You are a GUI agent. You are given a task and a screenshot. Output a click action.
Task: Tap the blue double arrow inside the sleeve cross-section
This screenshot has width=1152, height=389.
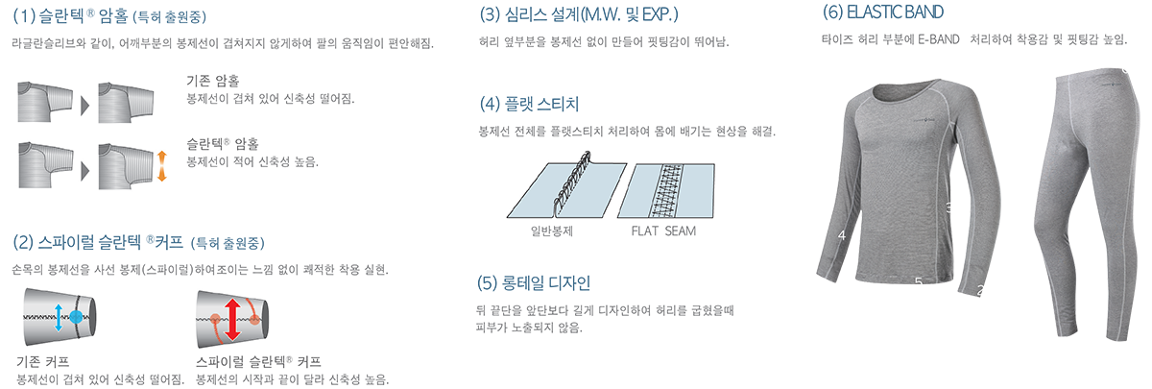coord(59,314)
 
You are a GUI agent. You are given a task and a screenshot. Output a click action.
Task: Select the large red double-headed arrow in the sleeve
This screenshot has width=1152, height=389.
coord(230,318)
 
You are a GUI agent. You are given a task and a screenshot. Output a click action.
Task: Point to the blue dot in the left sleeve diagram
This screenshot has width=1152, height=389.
coord(76,314)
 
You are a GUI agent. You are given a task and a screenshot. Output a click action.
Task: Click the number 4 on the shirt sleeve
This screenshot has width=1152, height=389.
coord(841,234)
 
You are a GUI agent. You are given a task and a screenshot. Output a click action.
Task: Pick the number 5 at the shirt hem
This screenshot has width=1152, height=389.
coord(918,281)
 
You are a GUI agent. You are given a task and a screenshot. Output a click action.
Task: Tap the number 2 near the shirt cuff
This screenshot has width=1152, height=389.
coord(979,290)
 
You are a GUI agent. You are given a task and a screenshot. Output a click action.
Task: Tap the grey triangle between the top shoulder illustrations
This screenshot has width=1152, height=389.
coord(85,101)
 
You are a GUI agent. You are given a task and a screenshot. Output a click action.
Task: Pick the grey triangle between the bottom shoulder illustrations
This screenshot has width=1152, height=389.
coord(85,162)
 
